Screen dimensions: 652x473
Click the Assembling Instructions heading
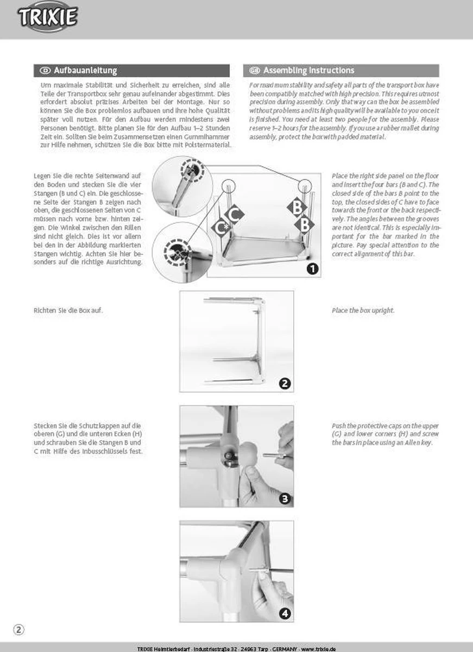click(308, 71)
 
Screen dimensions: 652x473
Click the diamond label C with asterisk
click(222, 228)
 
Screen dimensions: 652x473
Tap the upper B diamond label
click(297, 208)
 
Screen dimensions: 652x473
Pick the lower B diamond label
click(305, 224)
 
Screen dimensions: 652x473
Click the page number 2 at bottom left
click(18, 630)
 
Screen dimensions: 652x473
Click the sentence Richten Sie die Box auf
click(68, 310)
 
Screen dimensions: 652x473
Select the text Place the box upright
click(363, 310)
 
